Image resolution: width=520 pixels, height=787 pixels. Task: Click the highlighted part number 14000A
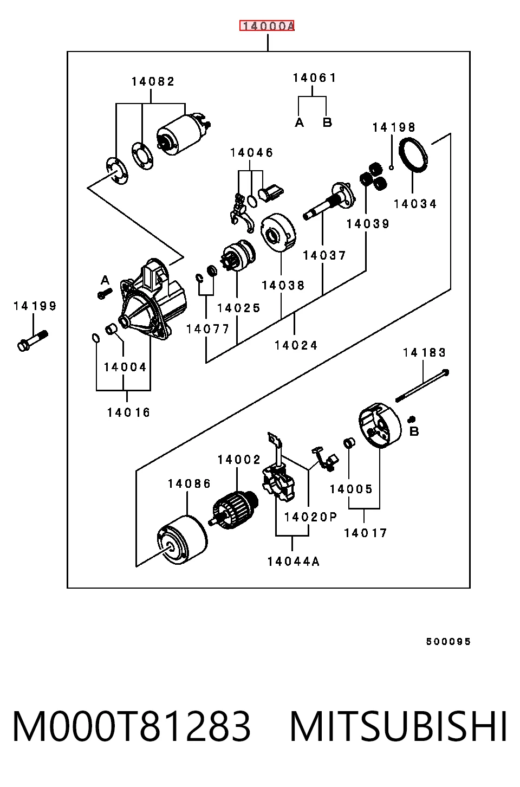coord(267,25)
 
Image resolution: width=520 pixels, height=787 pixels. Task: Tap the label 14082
coord(153,81)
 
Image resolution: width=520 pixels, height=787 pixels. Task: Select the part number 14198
coord(394,127)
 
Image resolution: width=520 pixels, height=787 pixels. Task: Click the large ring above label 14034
coord(414,154)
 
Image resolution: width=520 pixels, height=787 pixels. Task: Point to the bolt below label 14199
coord(32,340)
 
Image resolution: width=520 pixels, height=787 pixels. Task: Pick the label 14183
coord(424,352)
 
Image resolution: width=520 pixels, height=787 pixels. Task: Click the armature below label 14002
coord(235,510)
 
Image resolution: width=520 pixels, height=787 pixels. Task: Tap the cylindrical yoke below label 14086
coord(182,540)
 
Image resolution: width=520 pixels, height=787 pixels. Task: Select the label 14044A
coord(294,562)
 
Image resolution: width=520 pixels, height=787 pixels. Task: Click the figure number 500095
coord(448,642)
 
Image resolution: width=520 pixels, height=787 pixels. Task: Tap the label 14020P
coord(311,517)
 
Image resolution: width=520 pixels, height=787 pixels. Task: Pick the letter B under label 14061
coord(327,122)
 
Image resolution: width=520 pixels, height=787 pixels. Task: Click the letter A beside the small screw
coord(105,280)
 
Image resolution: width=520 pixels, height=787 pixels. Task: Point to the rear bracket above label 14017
coord(380,425)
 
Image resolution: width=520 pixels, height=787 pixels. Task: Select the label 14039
coord(368,224)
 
